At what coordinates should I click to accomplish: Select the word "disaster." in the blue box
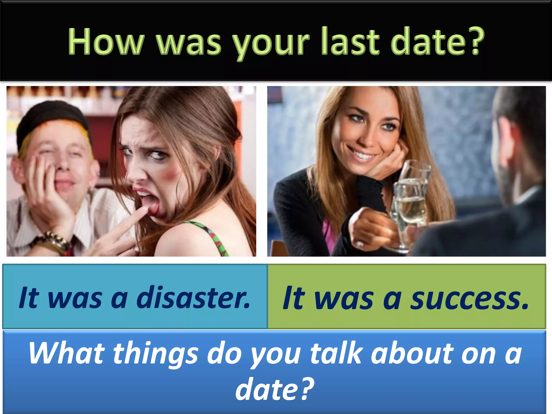[x=194, y=298]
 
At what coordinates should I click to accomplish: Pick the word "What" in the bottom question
[x=66, y=353]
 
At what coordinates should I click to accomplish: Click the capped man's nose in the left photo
[x=63, y=164]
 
